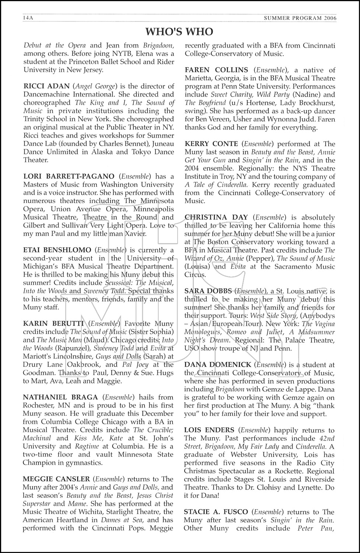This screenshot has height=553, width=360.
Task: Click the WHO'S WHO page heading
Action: point(179,32)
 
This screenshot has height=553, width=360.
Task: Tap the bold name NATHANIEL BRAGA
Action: point(60,397)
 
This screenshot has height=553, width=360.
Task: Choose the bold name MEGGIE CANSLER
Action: point(56,479)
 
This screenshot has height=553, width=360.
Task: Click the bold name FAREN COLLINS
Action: point(216,70)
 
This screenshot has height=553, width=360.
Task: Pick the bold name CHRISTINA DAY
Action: point(216,218)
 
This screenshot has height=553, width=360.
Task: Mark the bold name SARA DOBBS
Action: point(208,291)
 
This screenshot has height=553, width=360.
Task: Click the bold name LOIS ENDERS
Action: point(209,430)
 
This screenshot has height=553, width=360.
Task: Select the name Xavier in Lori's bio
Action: point(134,234)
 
